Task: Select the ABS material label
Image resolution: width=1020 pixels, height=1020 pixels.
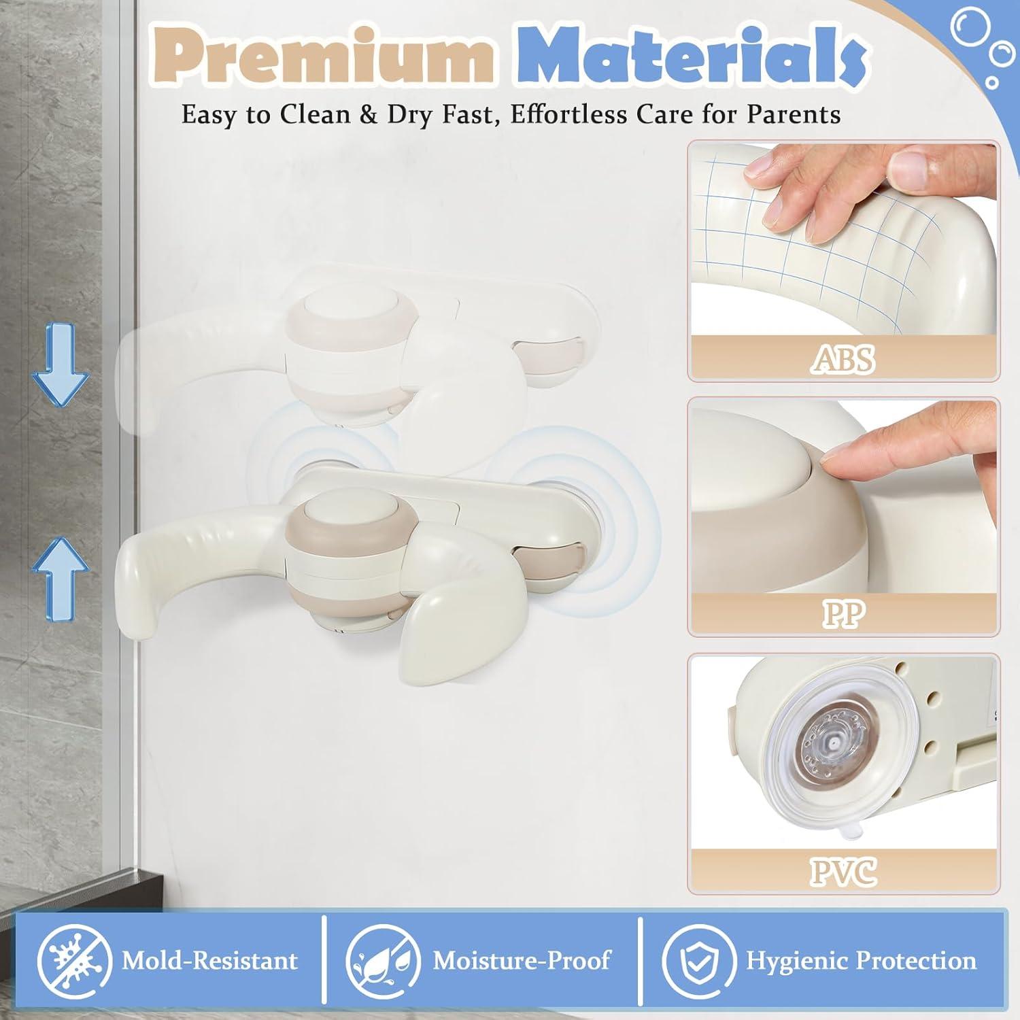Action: click(843, 358)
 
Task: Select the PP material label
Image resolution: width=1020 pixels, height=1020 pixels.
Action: click(843, 614)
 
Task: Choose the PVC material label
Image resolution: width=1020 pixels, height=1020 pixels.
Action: click(843, 871)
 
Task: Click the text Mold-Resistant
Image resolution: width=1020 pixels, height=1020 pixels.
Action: click(209, 960)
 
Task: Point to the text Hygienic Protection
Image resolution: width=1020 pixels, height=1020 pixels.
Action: click(861, 960)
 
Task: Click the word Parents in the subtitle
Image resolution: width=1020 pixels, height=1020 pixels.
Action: click(794, 114)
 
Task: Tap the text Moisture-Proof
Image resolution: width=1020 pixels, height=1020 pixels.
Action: click(522, 960)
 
